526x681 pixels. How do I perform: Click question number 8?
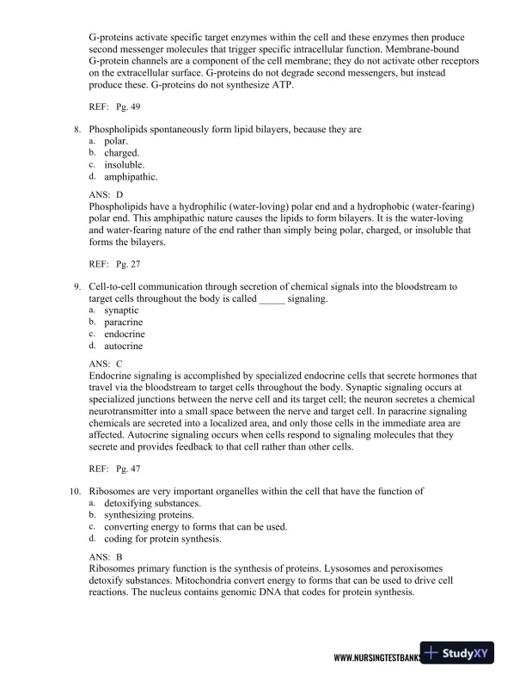[x=78, y=129]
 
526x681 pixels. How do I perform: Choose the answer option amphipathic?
[x=131, y=177]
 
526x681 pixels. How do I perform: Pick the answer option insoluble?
[x=125, y=164]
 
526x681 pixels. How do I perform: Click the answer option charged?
[x=122, y=152]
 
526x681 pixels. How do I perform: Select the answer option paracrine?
[x=123, y=322]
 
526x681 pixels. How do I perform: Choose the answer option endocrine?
[x=125, y=334]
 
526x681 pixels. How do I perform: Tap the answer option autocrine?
[x=123, y=346]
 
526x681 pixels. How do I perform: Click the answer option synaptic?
[x=121, y=310]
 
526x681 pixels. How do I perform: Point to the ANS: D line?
[x=107, y=194]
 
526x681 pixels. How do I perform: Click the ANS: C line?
[x=107, y=363]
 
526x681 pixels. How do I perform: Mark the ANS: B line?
[x=107, y=557]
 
